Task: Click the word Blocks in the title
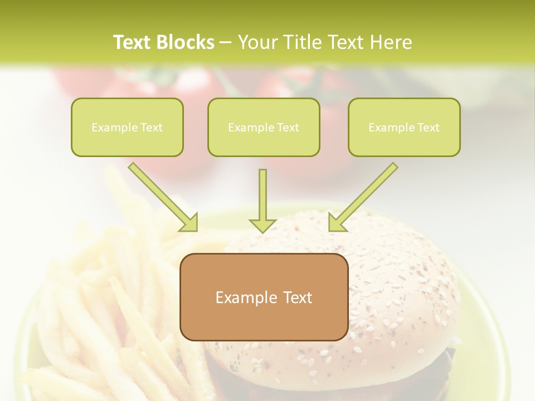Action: click(x=186, y=42)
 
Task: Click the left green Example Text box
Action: click(x=127, y=127)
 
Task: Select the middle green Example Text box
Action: click(x=264, y=127)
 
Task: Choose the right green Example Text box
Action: click(x=404, y=127)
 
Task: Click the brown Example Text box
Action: click(x=264, y=297)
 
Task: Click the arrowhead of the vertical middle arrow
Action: click(x=262, y=224)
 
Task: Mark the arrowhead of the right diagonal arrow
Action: click(x=337, y=223)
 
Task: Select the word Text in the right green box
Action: click(x=428, y=128)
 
